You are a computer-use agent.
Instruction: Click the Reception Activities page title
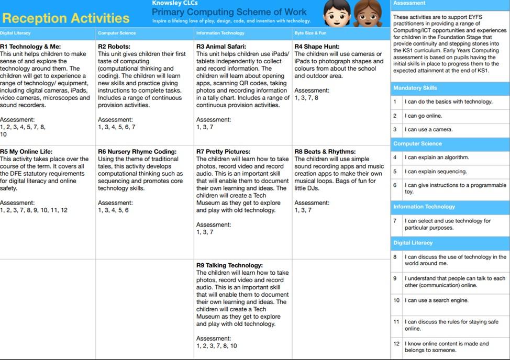click(65, 18)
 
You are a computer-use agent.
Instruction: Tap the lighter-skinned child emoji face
click(337, 14)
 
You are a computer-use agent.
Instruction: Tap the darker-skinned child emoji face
click(368, 14)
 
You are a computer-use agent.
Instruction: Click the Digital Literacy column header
click(15, 33)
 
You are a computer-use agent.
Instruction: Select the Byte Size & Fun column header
click(310, 33)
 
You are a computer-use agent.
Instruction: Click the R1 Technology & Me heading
click(30, 47)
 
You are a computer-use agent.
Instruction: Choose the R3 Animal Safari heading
click(221, 47)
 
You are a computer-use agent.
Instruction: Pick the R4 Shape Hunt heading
click(317, 47)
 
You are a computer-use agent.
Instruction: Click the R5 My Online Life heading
click(26, 152)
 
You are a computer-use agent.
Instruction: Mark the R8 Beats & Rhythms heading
click(325, 152)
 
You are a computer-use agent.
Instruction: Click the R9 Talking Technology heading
click(229, 265)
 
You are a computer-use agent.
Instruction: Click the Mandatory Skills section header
click(415, 88)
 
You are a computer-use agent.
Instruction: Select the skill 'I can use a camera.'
click(428, 129)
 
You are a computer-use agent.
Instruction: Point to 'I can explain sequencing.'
click(436, 171)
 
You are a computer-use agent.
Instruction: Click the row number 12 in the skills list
click(396, 344)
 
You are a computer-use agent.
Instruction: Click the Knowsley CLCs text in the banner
click(167, 3)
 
